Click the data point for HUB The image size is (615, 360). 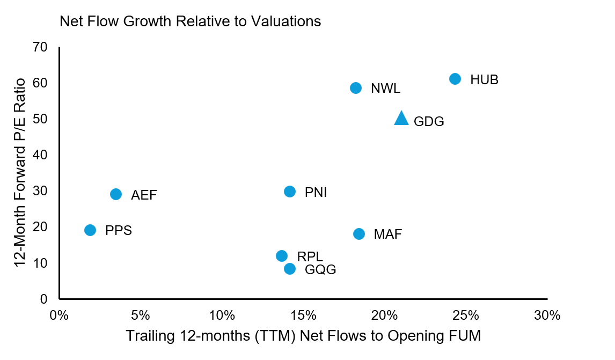pyautogui.click(x=455, y=79)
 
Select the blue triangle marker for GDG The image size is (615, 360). pyautogui.click(x=401, y=119)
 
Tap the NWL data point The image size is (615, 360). pyautogui.click(x=356, y=88)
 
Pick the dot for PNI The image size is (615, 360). pyautogui.click(x=290, y=192)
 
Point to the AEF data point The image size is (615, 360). pyautogui.click(x=116, y=194)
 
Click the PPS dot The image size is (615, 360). pyautogui.click(x=90, y=230)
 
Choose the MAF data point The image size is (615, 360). pyautogui.click(x=359, y=234)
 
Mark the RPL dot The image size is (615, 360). pyautogui.click(x=282, y=256)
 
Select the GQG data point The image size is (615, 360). pyautogui.click(x=290, y=269)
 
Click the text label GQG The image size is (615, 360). pyautogui.click(x=320, y=270)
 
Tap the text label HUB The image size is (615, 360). pyautogui.click(x=484, y=80)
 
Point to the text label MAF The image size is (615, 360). pyautogui.click(x=388, y=234)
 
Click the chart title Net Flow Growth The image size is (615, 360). pyautogui.click(x=191, y=21)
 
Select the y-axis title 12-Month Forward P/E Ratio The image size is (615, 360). pyautogui.click(x=20, y=173)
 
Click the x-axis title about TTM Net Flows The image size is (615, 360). pyautogui.click(x=303, y=336)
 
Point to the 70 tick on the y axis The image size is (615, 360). pyautogui.click(x=41, y=47)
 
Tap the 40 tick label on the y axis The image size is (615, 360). pyautogui.click(x=41, y=155)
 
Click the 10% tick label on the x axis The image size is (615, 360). pyautogui.click(x=222, y=315)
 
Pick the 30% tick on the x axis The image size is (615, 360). pyautogui.click(x=547, y=315)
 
